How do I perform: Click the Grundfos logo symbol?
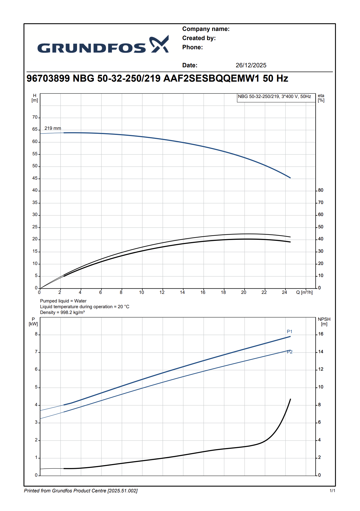click(x=159, y=44)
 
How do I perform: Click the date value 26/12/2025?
click(x=251, y=65)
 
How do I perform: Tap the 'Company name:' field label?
click(x=206, y=29)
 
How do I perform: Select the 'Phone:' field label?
click(x=192, y=47)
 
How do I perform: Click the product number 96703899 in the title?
click(x=48, y=78)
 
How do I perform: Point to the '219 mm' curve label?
click(x=53, y=128)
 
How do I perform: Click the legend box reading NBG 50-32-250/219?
click(x=274, y=97)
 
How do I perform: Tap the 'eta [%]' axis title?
click(x=321, y=98)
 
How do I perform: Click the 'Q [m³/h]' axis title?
click(x=304, y=292)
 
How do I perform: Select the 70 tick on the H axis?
click(x=35, y=117)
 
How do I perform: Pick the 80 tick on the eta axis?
click(x=321, y=190)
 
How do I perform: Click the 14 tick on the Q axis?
click(x=182, y=292)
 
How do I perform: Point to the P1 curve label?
click(x=290, y=332)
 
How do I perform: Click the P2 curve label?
click(x=290, y=352)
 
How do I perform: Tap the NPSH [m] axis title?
click(x=324, y=321)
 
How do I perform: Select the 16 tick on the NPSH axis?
click(x=321, y=334)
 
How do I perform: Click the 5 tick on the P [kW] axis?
click(x=36, y=387)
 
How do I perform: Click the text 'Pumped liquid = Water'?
click(x=63, y=301)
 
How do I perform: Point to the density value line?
click(x=62, y=313)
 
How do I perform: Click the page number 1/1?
click(x=332, y=491)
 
